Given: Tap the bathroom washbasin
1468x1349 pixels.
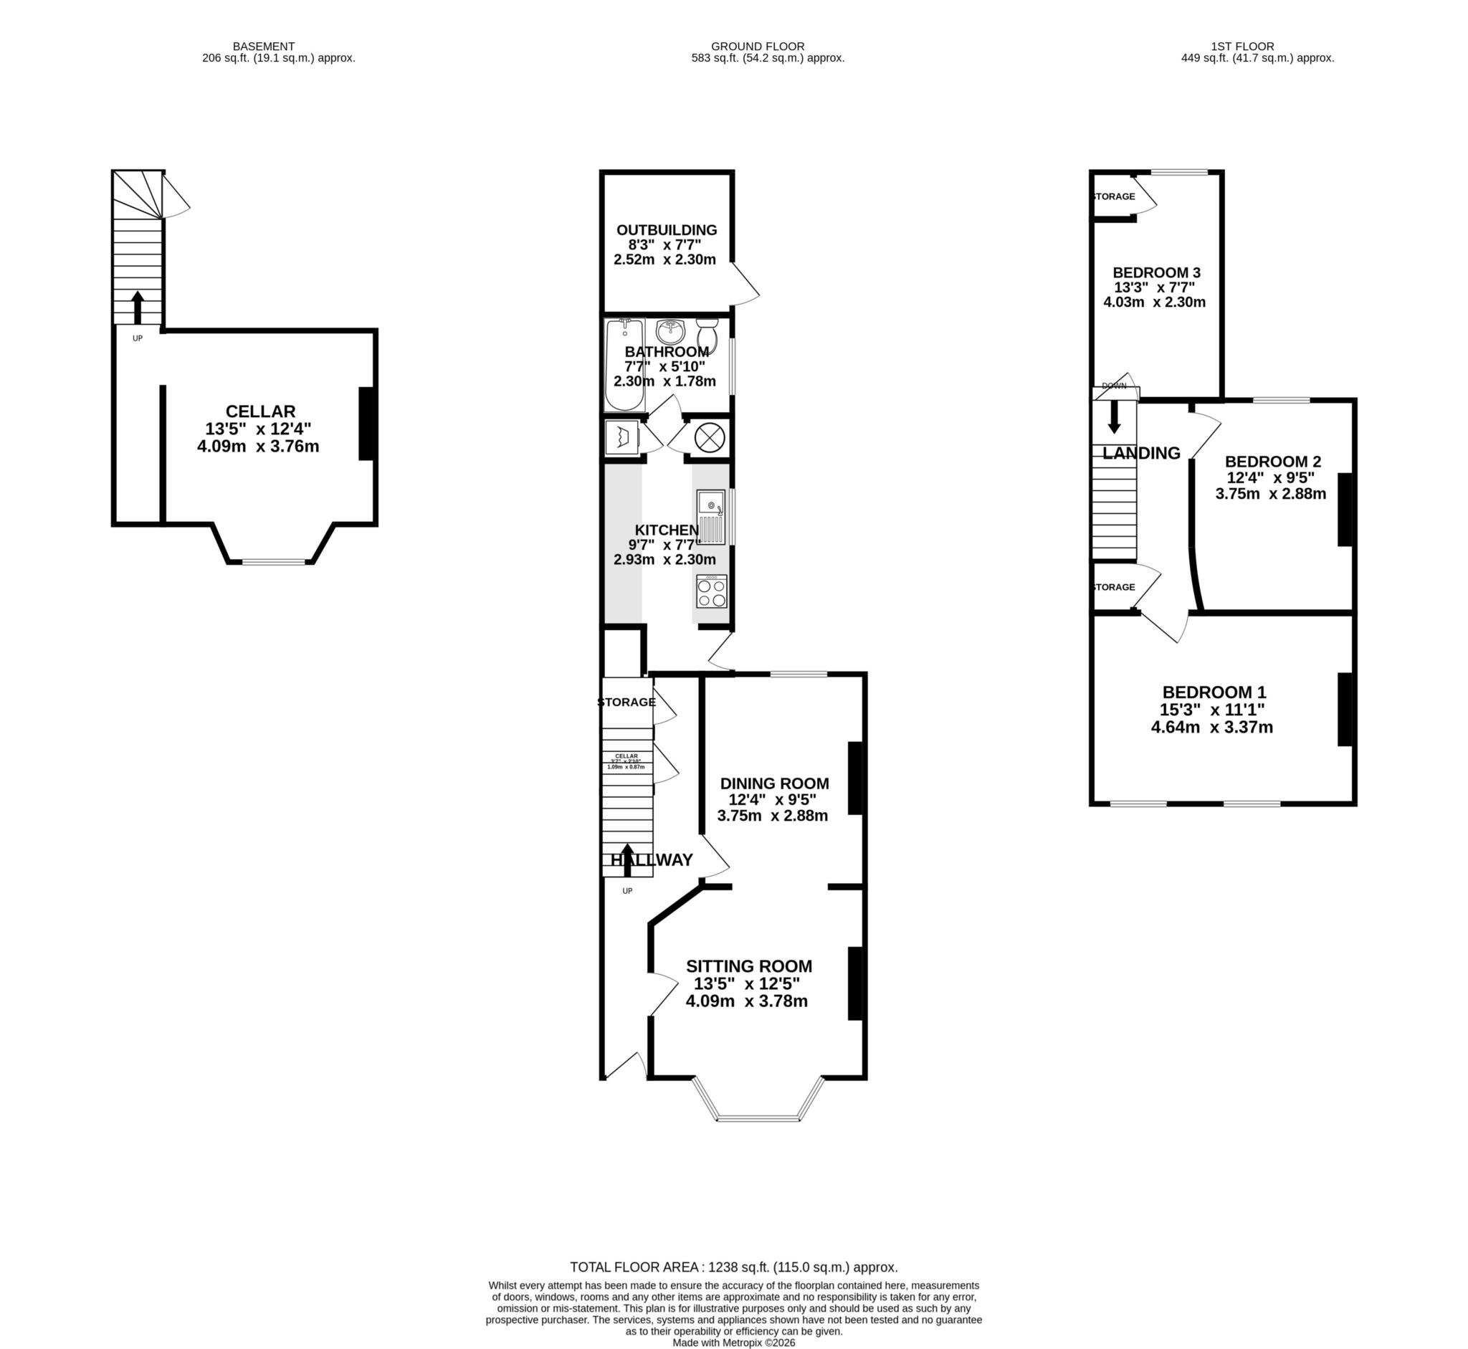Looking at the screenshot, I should coord(669,332).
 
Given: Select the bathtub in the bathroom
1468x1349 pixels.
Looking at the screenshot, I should coord(624,365).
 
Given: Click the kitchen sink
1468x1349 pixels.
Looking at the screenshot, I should coord(710,518).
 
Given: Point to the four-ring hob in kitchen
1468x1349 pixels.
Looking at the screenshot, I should coord(711,591).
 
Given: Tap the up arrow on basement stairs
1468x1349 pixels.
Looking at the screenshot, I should coord(137,308).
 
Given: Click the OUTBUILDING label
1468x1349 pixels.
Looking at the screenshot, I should coord(667,230).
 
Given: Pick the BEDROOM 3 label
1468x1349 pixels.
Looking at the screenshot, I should coord(1156,272).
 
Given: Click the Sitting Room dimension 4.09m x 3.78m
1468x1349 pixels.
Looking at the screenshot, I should coord(746,1001).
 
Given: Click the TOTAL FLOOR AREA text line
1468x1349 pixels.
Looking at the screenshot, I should coord(733,1267).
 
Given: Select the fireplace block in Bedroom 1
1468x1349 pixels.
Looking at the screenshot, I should coord(1345,709).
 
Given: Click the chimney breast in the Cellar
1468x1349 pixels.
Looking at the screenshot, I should coord(366,424).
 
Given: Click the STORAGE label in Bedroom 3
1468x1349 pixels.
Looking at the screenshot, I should coord(1113,196).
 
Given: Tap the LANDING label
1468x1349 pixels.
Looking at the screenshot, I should coord(1141,453).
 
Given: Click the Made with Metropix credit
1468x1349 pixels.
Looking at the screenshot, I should coord(733,1342).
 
